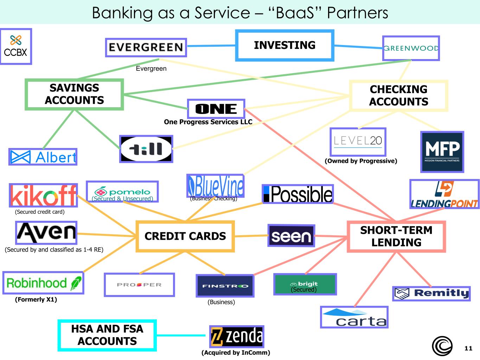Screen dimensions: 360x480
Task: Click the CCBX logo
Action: [x=15, y=46]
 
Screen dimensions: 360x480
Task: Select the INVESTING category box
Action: [x=284, y=45]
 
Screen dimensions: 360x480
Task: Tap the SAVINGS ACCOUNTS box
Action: [x=74, y=94]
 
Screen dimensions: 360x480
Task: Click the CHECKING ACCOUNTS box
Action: [x=398, y=96]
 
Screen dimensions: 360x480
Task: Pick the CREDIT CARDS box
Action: [x=185, y=236]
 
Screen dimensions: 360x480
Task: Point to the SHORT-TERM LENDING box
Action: [x=396, y=236]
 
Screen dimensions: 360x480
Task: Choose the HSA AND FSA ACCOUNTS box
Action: [x=107, y=335]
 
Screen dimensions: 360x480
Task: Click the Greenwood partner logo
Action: [x=411, y=48]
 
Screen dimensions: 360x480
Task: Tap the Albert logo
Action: [x=43, y=157]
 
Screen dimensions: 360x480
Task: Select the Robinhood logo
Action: [x=43, y=283]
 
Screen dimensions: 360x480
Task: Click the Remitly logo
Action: [x=431, y=293]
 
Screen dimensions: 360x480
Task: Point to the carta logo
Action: [x=354, y=317]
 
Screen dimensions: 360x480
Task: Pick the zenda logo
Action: [x=236, y=336]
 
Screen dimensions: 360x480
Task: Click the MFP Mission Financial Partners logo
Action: [x=442, y=152]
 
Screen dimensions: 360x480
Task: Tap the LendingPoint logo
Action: [x=444, y=194]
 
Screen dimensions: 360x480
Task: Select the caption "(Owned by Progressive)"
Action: [x=361, y=161]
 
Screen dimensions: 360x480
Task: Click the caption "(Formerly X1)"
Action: [x=36, y=300]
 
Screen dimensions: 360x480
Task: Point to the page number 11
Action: [x=468, y=348]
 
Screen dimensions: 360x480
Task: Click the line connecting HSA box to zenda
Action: [x=181, y=335]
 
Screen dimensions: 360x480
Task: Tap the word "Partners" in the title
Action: [x=357, y=13]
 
